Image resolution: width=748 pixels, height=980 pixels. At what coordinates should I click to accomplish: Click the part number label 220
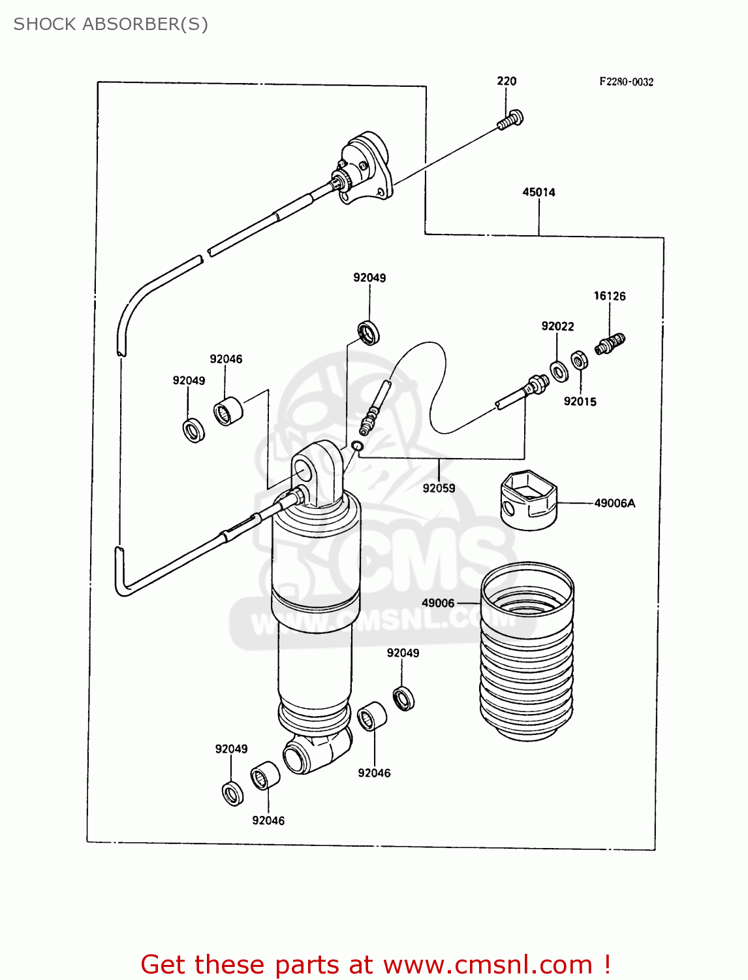(506, 81)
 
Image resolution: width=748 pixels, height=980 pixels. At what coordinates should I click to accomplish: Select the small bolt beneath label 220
(510, 120)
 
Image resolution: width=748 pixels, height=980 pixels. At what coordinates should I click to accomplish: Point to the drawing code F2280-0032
(627, 82)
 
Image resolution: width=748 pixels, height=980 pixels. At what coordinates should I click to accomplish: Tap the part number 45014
(538, 192)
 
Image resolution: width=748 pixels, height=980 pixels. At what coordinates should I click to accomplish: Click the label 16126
(609, 296)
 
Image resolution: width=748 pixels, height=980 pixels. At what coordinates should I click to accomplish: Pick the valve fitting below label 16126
(610, 343)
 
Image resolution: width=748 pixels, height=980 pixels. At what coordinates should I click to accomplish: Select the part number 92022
(557, 326)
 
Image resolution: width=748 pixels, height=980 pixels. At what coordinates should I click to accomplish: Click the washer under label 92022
(559, 371)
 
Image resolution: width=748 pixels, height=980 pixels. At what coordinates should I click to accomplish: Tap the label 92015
(580, 402)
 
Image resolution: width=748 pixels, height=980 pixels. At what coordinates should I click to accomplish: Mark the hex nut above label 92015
(579, 360)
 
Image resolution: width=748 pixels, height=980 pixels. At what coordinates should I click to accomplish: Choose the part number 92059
(439, 488)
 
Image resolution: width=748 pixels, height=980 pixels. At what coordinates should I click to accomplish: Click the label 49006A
(614, 503)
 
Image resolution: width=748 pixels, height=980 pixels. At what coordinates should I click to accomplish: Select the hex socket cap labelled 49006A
(529, 499)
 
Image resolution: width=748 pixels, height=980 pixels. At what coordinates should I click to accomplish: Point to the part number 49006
(438, 603)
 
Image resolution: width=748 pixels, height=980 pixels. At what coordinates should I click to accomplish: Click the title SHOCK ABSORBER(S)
(111, 24)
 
